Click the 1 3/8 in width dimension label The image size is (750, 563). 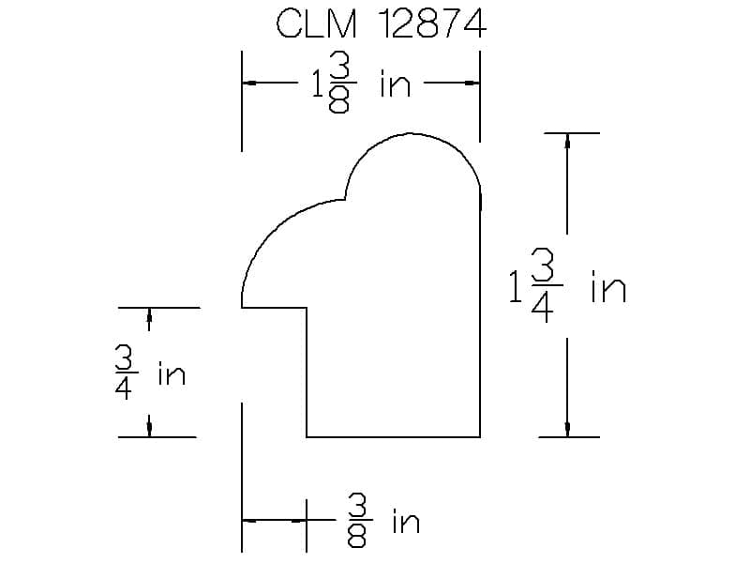[x=361, y=84]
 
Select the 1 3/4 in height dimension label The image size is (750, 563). [x=567, y=286]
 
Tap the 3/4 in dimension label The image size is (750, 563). [x=150, y=373]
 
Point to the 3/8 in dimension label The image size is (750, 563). [x=383, y=521]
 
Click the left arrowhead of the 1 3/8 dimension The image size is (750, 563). [x=248, y=83]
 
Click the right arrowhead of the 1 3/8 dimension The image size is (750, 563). [x=473, y=83]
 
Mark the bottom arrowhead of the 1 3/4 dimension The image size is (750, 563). [x=567, y=430]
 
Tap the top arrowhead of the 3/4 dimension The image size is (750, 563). [x=149, y=315]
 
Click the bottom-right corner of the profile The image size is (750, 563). [x=480, y=437]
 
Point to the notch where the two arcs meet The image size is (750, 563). [x=345, y=199]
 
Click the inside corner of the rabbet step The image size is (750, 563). [x=307, y=308]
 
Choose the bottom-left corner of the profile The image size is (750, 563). [x=307, y=437]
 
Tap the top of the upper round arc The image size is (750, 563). [x=411, y=133]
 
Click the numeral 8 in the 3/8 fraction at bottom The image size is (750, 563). [x=357, y=537]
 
